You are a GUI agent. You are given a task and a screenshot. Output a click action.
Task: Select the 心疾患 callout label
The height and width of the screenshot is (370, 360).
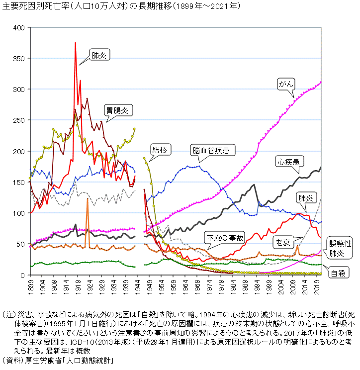[x=288, y=162]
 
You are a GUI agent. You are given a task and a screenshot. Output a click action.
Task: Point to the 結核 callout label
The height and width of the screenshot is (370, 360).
[x=159, y=149]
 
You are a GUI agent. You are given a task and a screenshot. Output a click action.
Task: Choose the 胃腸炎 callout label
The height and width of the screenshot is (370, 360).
[x=116, y=110]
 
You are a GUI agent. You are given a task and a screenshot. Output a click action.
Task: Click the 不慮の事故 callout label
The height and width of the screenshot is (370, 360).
[x=225, y=238]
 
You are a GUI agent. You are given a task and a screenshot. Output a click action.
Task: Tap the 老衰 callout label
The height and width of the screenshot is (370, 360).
[x=281, y=243]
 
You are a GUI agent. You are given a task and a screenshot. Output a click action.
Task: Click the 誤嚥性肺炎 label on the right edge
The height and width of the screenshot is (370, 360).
[x=340, y=248]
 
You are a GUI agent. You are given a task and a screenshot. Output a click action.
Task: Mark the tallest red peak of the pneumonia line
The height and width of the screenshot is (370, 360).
[x=75, y=43]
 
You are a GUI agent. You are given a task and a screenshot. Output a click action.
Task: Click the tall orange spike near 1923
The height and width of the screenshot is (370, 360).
[x=88, y=199]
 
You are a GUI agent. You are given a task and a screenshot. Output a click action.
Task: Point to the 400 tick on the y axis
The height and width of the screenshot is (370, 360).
[x=18, y=27]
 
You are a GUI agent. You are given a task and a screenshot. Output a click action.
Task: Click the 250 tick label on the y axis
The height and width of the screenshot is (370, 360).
[x=18, y=120]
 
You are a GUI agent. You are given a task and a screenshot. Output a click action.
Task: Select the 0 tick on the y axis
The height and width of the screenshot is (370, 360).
[x=22, y=275]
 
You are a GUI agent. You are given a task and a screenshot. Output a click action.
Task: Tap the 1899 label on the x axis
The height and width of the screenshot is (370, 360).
[x=30, y=287]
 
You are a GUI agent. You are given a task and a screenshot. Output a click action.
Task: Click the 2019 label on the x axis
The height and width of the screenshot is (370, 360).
[x=317, y=287]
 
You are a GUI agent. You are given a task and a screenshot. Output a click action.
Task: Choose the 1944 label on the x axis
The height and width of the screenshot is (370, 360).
[x=138, y=287]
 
